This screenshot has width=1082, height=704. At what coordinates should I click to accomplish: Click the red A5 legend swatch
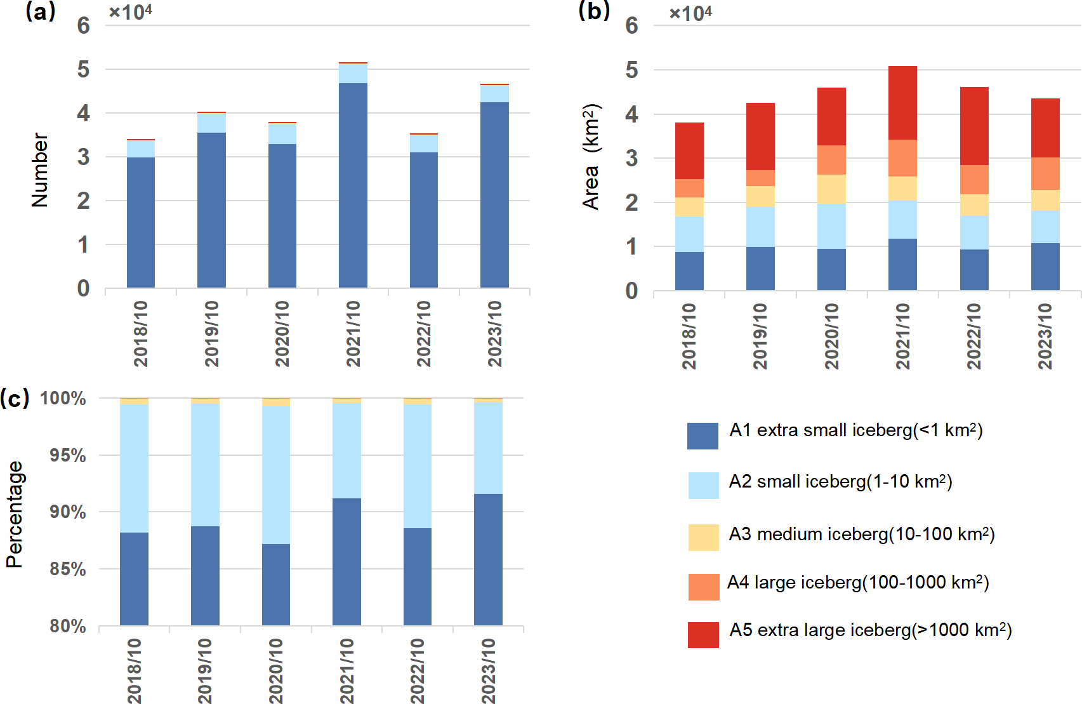click(x=703, y=635)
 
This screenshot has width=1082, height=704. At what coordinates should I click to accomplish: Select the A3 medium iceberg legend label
click(x=861, y=535)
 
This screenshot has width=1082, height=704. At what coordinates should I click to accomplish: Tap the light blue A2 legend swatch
click(x=703, y=486)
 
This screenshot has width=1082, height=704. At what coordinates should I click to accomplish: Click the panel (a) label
click(x=40, y=11)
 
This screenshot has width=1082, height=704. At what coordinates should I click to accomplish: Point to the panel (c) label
click(x=15, y=398)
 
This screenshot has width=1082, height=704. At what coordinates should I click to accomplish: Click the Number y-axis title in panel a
click(x=39, y=170)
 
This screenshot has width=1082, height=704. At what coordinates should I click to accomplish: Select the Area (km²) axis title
click(x=591, y=157)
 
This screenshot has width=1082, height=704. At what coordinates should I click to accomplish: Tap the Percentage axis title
click(x=14, y=514)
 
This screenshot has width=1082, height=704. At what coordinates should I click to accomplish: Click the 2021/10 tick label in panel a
click(x=353, y=334)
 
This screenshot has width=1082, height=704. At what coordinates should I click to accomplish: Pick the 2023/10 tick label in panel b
click(x=1045, y=336)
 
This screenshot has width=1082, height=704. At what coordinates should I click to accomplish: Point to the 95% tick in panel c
click(x=67, y=456)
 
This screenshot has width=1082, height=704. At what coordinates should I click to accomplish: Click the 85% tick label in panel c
click(x=67, y=569)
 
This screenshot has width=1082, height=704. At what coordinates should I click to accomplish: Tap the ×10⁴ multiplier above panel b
click(x=690, y=13)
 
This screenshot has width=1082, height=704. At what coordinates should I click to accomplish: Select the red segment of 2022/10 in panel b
click(x=974, y=126)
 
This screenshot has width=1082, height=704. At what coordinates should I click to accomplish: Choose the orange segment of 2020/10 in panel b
click(x=831, y=160)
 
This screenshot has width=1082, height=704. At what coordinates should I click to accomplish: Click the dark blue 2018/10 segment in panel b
click(x=689, y=271)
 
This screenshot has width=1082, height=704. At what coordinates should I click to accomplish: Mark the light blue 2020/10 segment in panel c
click(x=276, y=474)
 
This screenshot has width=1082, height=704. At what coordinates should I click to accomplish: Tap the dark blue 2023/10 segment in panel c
click(x=488, y=559)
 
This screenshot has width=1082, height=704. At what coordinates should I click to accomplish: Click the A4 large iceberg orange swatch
click(x=703, y=587)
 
